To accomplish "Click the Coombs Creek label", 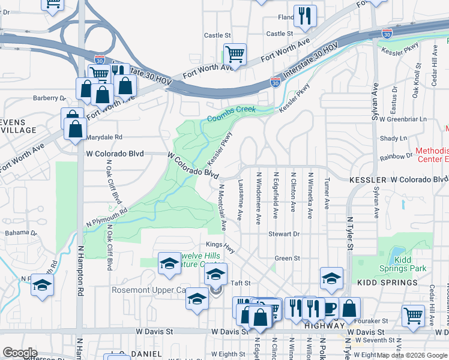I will [x=232, y=114].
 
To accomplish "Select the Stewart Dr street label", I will [x=284, y=233].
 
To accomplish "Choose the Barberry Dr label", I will [x=49, y=98].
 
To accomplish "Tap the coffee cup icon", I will [x=330, y=308].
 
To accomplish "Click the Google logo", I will [x=20, y=353].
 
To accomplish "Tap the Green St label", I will [x=287, y=258].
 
